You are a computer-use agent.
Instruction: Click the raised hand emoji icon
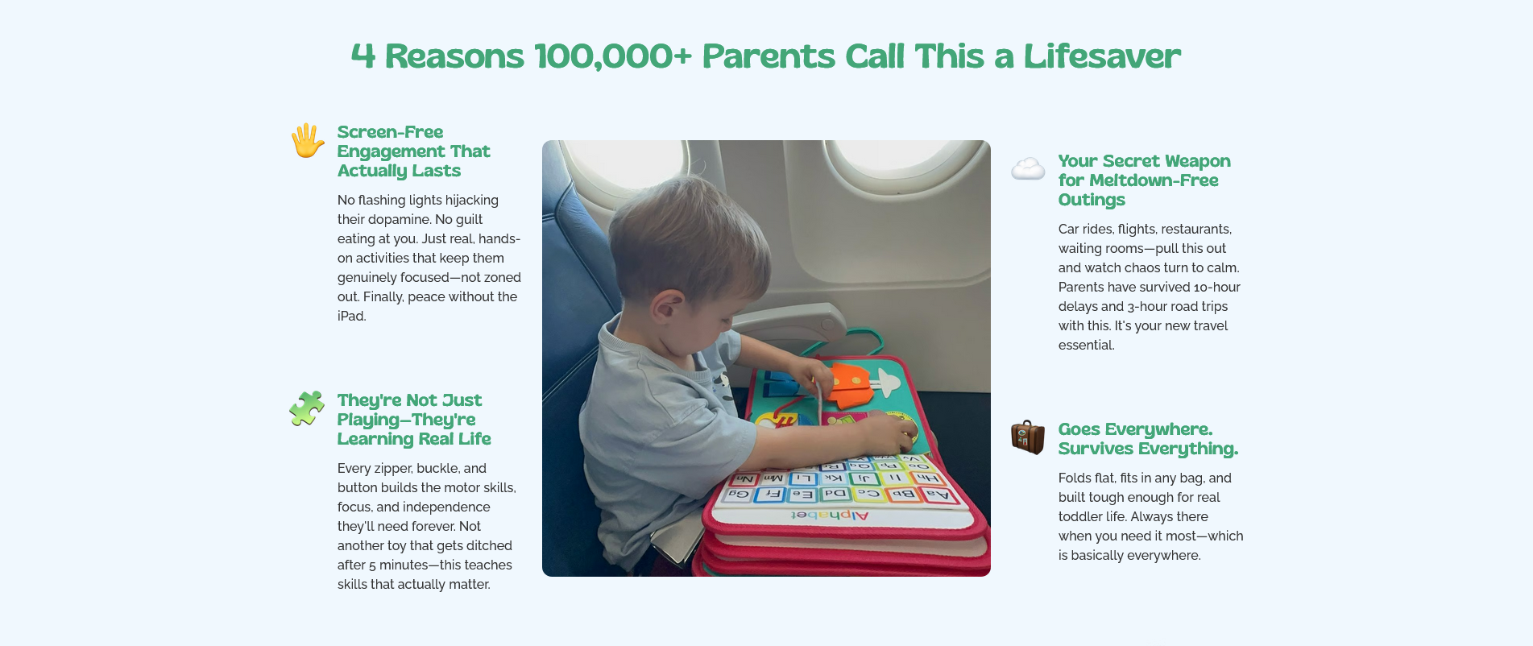tap(308, 141)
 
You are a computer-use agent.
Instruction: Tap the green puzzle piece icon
tap(307, 408)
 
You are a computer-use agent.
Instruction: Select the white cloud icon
tap(1028, 169)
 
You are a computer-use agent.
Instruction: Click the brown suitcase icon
tap(1028, 437)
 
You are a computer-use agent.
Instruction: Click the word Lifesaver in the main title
tap(1102, 56)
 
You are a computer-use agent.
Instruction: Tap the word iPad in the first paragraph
tap(351, 317)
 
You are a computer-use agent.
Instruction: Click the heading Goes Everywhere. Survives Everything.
tap(1148, 439)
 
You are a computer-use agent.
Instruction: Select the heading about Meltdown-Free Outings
tap(1144, 180)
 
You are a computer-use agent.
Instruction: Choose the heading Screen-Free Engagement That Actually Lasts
tap(413, 151)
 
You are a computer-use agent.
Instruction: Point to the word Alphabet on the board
tap(830, 515)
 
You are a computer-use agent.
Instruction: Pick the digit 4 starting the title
tap(363, 56)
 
